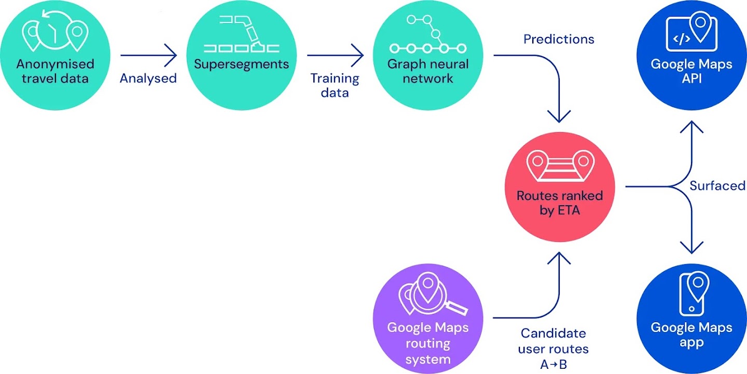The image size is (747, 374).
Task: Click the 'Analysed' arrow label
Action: click(x=148, y=78)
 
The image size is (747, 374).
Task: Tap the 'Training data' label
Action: click(x=335, y=85)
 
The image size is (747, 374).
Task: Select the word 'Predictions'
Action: click(x=559, y=39)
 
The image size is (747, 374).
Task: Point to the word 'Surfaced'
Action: click(x=717, y=185)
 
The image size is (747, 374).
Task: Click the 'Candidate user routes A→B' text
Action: click(x=553, y=349)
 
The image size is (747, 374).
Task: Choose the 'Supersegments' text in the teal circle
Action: click(x=241, y=64)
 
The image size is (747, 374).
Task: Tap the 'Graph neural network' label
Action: click(x=428, y=71)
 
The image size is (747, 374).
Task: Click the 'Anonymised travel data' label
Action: click(x=55, y=71)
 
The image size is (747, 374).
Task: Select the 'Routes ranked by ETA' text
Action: click(x=560, y=204)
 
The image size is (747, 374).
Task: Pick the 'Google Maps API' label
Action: click(x=691, y=71)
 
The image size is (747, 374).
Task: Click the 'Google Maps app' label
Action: click(x=691, y=335)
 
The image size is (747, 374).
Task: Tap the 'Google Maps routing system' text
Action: click(x=428, y=343)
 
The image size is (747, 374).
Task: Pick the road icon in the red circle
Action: click(x=560, y=165)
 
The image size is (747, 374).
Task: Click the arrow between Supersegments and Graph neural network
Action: click(x=336, y=55)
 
